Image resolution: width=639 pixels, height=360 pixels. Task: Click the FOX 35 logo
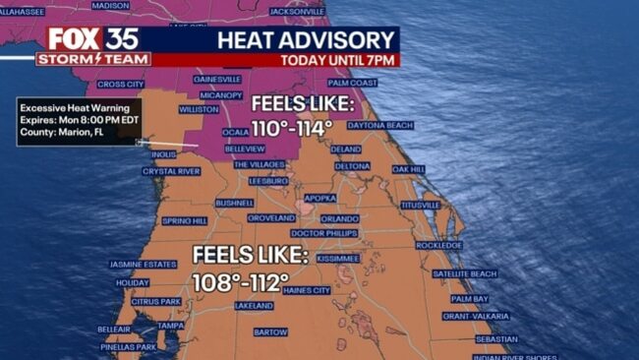point(92,39)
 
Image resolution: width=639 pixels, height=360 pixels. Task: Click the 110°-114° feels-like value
point(292,128)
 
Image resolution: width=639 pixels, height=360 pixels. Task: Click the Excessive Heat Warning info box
point(80,121)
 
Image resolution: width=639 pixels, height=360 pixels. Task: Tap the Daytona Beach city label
point(379,126)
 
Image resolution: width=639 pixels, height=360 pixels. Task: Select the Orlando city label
point(340,218)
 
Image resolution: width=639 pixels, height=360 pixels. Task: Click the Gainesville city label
point(217,79)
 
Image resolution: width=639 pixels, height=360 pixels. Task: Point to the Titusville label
point(420,205)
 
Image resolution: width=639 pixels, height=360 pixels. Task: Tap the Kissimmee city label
point(338,258)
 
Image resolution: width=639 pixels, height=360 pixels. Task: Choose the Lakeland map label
point(254,306)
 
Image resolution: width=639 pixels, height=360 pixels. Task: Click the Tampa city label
point(170,326)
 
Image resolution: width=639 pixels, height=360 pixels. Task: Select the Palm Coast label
point(352,84)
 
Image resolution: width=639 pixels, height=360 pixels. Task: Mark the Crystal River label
point(172,170)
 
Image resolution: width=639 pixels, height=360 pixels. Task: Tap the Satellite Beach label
point(464,273)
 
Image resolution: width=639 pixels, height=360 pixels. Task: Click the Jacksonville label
point(295,12)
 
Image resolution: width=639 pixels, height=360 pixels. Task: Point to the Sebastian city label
point(495,339)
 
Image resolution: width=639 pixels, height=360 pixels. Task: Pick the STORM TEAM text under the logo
point(93,59)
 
